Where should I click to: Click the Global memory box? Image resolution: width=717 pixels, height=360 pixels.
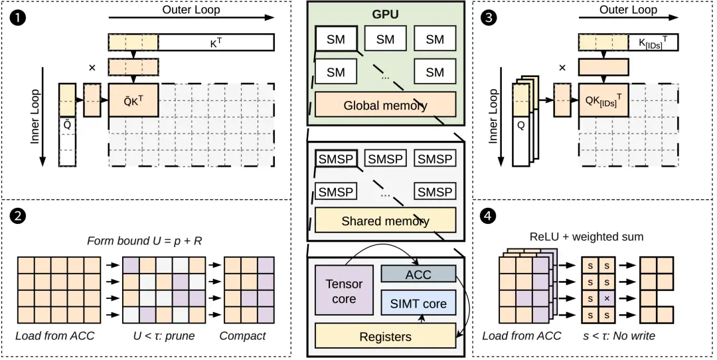pos(386,105)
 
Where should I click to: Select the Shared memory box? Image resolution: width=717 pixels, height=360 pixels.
pos(386,221)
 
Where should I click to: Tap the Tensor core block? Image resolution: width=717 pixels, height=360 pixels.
pos(344,291)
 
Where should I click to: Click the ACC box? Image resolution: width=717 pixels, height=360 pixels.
pos(418,274)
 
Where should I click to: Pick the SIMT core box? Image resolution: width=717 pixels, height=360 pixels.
pos(418,304)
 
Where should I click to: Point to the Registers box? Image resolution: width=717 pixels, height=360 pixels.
pos(386,336)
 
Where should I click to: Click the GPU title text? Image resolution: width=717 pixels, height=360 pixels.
pos(385,14)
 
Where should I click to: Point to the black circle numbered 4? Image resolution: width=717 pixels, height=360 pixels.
pos(489,216)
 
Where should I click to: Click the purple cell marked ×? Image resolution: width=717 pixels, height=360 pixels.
pos(607,298)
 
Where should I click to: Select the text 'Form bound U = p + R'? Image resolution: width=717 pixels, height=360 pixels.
pos(145,240)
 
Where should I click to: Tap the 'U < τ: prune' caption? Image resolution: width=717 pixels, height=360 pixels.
pos(163,335)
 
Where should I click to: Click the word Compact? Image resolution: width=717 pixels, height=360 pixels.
pos(242,335)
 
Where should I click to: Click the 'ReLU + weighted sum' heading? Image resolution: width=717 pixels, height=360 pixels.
pos(587,236)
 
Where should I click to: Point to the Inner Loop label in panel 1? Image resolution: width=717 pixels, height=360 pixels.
pos(35,116)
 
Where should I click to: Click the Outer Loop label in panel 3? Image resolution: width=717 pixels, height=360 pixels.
pos(628,9)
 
